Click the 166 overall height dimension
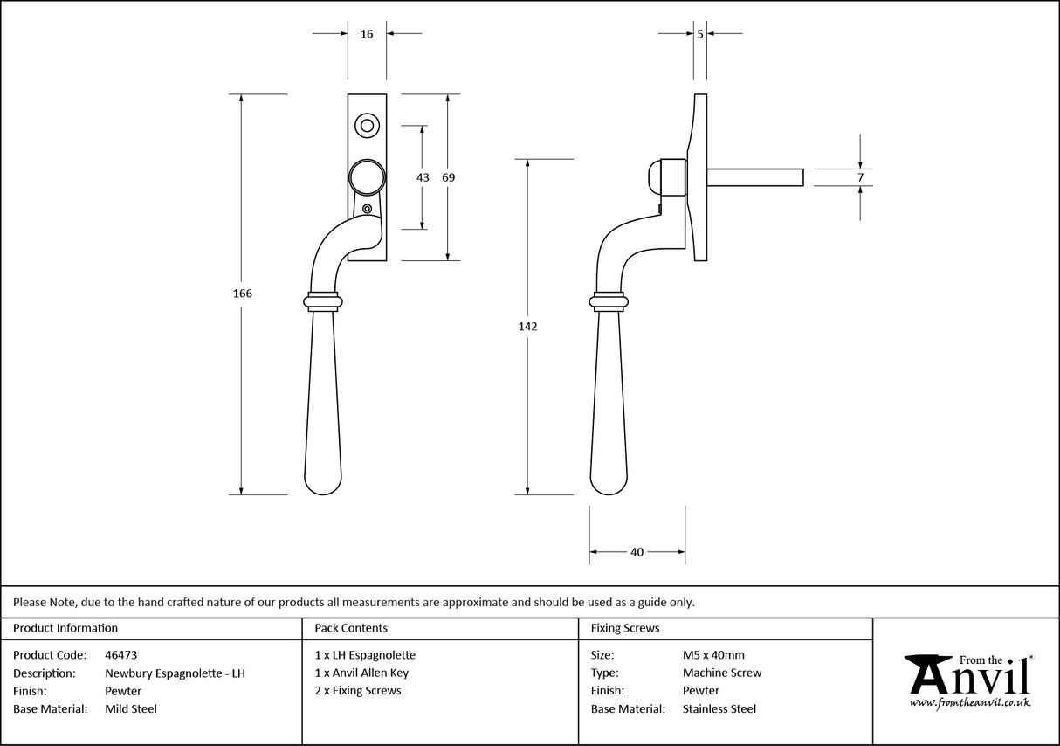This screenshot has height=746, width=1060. (242, 294)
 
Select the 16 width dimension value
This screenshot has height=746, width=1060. (367, 34)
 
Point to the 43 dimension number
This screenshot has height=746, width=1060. (423, 177)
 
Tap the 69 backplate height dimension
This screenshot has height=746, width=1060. (448, 177)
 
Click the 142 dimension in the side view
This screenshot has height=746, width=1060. (527, 327)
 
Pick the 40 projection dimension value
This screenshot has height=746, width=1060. (637, 552)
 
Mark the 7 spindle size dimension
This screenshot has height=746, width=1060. (860, 177)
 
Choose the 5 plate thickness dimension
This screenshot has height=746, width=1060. (700, 34)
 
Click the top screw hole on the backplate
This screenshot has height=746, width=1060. (367, 126)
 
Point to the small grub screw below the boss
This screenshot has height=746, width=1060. (368, 209)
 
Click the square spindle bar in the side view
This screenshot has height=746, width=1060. (754, 177)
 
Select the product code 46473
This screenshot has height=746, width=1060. (120, 654)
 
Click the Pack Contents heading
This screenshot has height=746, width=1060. (351, 628)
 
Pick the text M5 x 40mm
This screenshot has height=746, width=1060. (713, 654)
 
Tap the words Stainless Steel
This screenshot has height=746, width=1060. (719, 709)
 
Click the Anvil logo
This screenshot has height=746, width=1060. (967, 680)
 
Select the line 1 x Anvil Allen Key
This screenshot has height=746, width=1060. (361, 673)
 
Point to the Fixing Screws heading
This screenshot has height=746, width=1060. (625, 628)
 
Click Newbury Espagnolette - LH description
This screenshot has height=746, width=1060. (175, 673)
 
